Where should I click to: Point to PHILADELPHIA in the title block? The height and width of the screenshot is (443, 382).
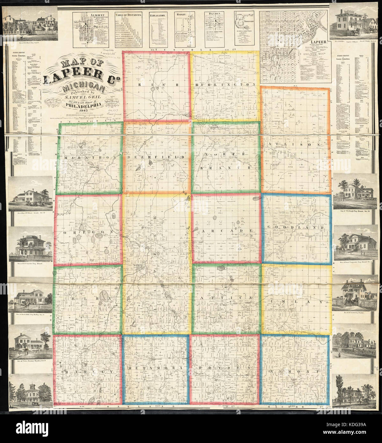click(x=85, y=107)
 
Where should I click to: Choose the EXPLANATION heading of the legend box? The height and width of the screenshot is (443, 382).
click(x=158, y=15)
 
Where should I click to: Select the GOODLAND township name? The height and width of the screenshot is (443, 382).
click(x=296, y=228)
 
